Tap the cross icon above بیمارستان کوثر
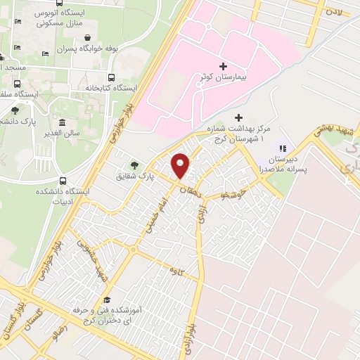(x=223, y=65)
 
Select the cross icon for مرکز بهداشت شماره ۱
(x=238, y=117)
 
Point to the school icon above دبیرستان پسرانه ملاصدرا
(x=283, y=148)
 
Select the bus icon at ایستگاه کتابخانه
(x=111, y=77)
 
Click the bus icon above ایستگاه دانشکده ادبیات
(x=63, y=181)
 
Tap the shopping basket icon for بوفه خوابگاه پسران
(x=86, y=38)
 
